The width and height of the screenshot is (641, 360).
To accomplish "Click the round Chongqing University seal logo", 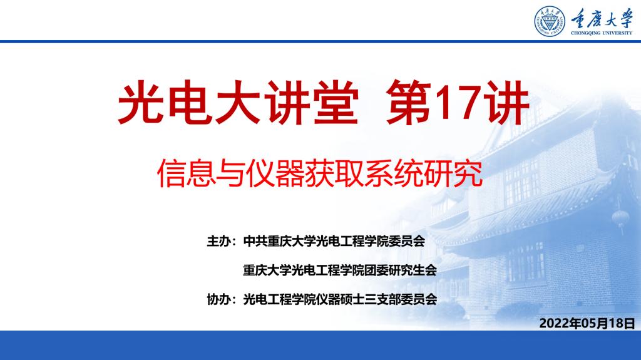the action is [550, 21].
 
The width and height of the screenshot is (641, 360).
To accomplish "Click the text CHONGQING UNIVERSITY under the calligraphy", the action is [602, 33].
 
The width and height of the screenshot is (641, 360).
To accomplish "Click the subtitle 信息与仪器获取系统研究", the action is [320, 173].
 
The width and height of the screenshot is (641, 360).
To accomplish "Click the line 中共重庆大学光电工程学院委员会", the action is [334, 242].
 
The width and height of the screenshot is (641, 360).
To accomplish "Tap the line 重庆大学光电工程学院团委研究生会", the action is [340, 270].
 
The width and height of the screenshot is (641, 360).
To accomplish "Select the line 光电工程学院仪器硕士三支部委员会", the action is [340, 299].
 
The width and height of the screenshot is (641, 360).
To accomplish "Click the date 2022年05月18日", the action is [587, 323].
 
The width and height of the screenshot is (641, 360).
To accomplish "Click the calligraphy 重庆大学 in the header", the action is [602, 18].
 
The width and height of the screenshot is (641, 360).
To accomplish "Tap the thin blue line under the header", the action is [320, 41].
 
